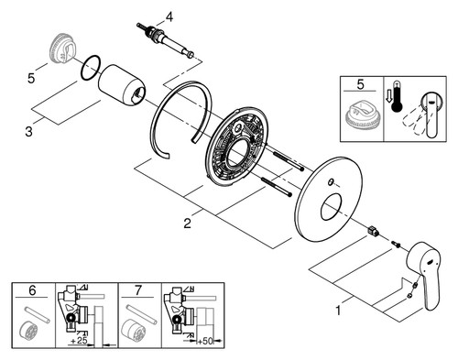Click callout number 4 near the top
(x=169, y=17)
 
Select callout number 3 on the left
(x=28, y=132)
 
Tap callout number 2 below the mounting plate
(x=187, y=224)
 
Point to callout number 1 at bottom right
(x=338, y=311)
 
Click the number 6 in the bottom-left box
(x=32, y=290)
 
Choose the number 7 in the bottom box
(x=138, y=290)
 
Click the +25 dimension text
(x=78, y=341)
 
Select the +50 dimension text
(x=205, y=341)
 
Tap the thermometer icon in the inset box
(x=397, y=96)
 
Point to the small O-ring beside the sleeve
(x=91, y=68)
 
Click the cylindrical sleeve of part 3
(x=122, y=86)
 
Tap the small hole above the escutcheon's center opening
(x=330, y=183)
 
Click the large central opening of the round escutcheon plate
(x=332, y=208)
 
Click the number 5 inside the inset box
(x=360, y=84)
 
